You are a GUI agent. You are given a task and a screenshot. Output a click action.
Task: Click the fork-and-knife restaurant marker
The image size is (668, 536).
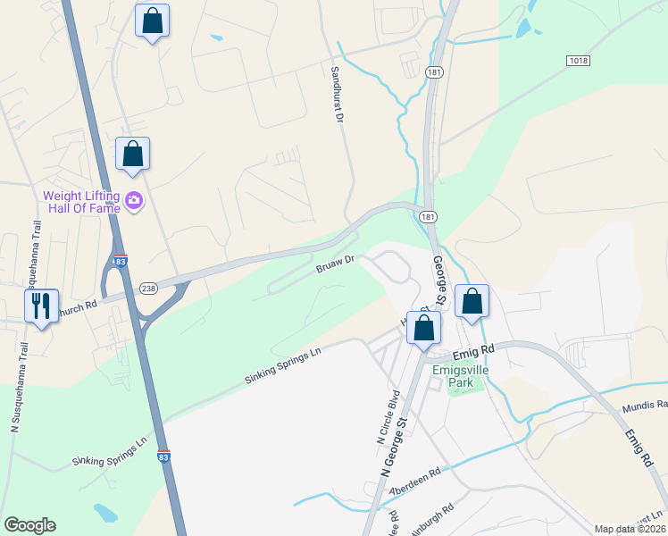click(x=40, y=307)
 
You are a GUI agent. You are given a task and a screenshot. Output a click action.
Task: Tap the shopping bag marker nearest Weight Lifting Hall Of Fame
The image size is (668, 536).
click(x=132, y=155)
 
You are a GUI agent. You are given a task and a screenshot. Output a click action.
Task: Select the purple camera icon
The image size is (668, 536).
click(x=134, y=199)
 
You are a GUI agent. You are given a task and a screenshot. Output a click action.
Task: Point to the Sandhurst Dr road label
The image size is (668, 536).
click(x=337, y=94)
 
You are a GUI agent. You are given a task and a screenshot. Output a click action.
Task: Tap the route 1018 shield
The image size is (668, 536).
click(x=578, y=59)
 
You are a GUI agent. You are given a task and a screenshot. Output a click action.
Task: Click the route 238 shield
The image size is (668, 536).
click(x=148, y=288)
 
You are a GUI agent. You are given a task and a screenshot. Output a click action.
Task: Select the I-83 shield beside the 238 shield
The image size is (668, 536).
click(x=120, y=261)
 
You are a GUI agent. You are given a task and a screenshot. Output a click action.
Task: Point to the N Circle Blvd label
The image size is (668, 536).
click(x=385, y=417)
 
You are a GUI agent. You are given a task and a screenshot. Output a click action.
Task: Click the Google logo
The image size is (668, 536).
click(x=29, y=525)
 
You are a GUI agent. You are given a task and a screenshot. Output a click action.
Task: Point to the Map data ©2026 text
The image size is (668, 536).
click(x=629, y=529)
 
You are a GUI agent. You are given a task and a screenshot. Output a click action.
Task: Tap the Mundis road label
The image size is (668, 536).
click(x=644, y=405)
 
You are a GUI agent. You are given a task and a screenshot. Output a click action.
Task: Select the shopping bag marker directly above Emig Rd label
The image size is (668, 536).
click(x=472, y=303)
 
